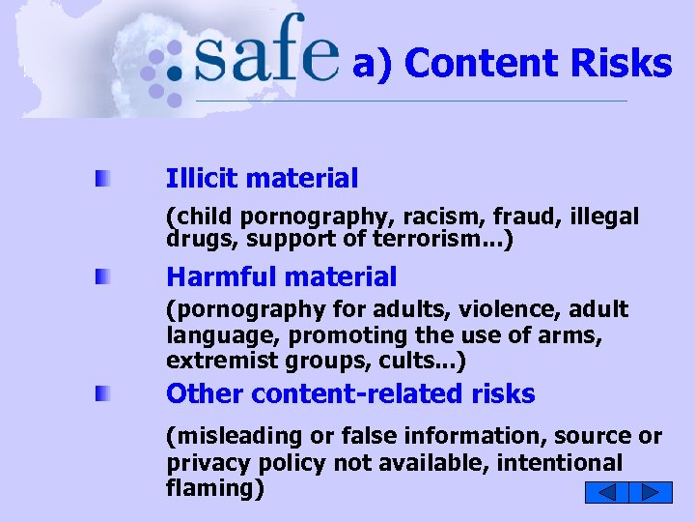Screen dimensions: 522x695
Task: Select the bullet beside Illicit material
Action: coord(101,179)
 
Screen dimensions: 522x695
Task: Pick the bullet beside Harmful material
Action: coord(101,277)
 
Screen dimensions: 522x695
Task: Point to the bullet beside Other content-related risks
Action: coord(101,394)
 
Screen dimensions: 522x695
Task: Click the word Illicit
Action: coord(202,178)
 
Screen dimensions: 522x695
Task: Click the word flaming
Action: coord(211,488)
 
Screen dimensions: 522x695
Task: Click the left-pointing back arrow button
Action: coord(606,492)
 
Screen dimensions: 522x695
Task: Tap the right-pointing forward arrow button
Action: coord(652,492)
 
